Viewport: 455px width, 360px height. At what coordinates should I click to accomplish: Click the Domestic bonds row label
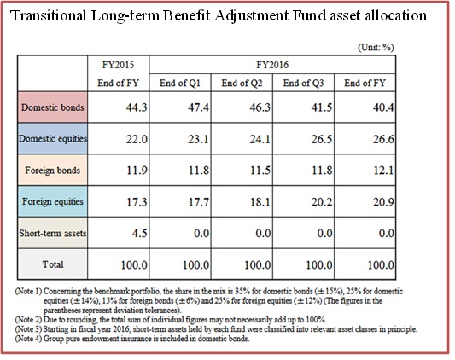(53, 107)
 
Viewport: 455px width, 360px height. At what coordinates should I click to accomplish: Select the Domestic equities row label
(53, 139)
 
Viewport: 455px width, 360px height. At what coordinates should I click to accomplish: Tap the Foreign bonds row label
(53, 171)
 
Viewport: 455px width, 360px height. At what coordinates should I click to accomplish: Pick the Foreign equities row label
(53, 201)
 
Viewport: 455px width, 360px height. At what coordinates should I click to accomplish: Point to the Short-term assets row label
(53, 233)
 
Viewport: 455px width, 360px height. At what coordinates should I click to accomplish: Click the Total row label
(53, 264)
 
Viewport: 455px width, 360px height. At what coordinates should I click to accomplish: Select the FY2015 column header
(118, 65)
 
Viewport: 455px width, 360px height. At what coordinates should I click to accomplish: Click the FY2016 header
(272, 65)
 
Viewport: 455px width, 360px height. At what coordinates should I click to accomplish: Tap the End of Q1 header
(180, 84)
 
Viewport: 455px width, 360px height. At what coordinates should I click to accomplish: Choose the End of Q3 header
(303, 84)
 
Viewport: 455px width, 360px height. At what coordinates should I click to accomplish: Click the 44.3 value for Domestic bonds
(137, 107)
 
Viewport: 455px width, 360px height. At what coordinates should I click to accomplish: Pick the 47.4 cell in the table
(198, 107)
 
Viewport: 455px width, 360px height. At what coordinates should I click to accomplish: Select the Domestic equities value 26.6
(383, 139)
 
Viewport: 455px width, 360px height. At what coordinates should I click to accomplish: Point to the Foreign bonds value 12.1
(383, 171)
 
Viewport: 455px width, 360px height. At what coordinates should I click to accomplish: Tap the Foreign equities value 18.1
(260, 202)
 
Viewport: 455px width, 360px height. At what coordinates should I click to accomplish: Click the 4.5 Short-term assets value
(140, 233)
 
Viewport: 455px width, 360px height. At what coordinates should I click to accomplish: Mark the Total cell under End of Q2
(258, 264)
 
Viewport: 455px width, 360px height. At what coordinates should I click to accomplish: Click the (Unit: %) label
(376, 47)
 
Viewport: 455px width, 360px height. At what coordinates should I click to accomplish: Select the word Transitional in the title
(49, 15)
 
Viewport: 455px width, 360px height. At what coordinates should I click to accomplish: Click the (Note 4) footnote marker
(28, 339)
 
